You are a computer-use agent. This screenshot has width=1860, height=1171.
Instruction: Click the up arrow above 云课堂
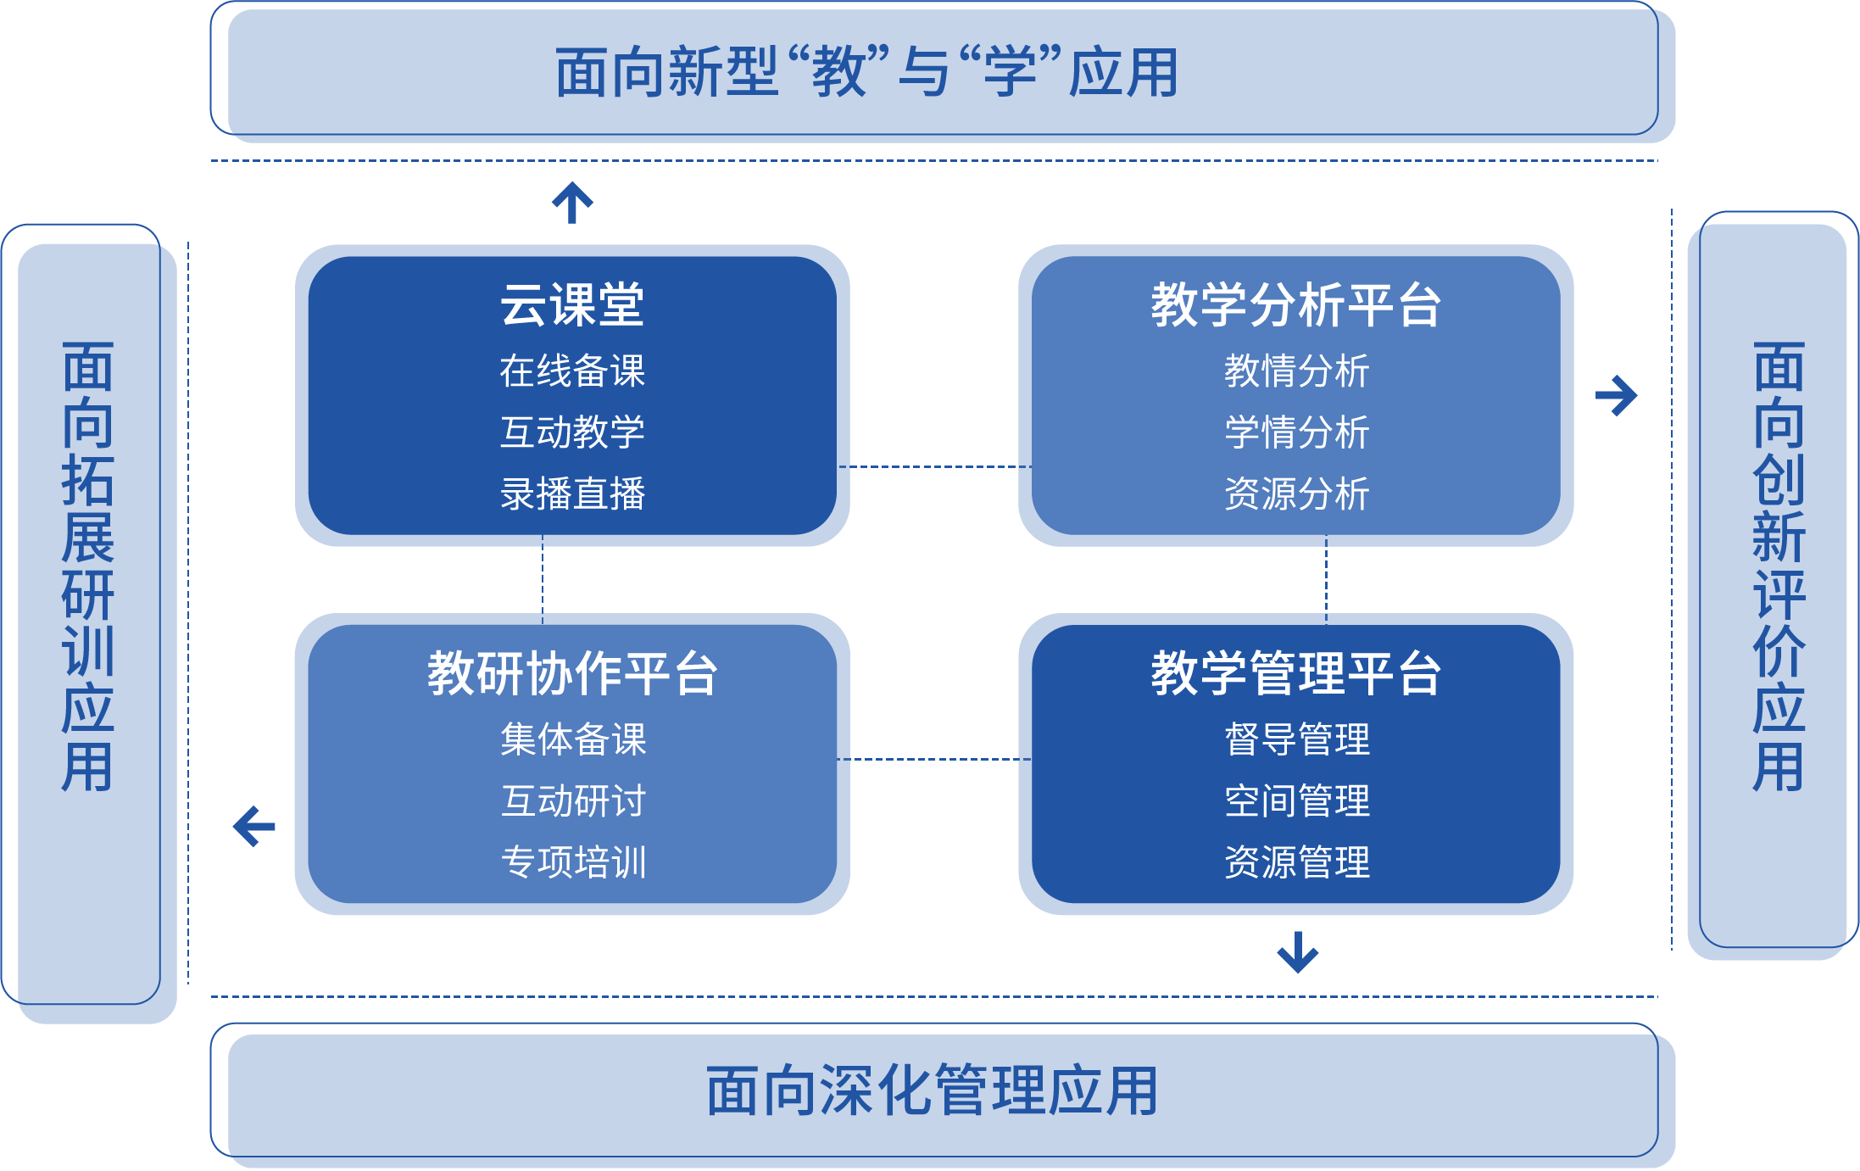tap(572, 203)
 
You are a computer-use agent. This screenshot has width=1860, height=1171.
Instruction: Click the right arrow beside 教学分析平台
tap(1616, 396)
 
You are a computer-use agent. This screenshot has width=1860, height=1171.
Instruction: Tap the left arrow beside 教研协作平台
tap(254, 826)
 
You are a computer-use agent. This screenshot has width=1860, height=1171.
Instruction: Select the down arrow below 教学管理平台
tap(1297, 952)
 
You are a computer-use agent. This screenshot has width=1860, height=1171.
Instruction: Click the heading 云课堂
tap(572, 304)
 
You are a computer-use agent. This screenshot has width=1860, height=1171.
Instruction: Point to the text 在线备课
tap(572, 371)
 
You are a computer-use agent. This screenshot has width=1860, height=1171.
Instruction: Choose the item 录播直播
tap(572, 493)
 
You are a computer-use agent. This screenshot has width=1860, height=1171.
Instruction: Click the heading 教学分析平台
tap(1295, 304)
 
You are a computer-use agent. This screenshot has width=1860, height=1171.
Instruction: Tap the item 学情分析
tap(1296, 432)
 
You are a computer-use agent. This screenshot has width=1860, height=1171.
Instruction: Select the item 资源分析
tap(1296, 493)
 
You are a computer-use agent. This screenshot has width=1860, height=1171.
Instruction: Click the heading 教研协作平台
tap(572, 673)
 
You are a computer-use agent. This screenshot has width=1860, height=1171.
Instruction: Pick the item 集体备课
tap(573, 739)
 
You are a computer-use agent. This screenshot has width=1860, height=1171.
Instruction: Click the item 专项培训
tap(573, 862)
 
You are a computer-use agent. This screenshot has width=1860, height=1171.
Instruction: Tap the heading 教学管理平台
tap(1295, 673)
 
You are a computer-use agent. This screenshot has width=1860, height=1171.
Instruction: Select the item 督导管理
tap(1296, 739)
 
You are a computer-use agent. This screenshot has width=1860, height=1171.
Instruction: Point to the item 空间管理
tap(1296, 801)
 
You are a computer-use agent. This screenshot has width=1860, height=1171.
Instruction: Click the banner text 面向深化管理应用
tap(933, 1091)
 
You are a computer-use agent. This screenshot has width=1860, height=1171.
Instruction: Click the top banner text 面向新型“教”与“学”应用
tap(866, 73)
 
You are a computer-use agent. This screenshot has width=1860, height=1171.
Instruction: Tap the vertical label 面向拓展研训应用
tap(88, 566)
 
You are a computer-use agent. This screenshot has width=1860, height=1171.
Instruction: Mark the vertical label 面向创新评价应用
tap(1779, 566)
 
